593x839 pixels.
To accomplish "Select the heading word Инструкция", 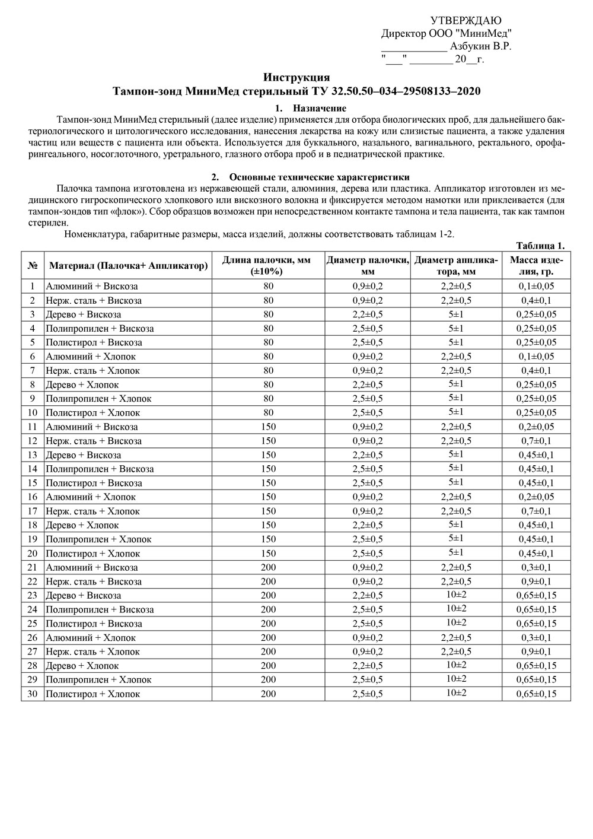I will pos(296,78).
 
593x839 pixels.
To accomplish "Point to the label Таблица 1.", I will pos(540,246).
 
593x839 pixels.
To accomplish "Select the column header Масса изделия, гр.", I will pos(537,266).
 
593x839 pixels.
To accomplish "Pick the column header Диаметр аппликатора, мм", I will pos(457,266).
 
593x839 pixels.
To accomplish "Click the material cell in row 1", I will pos(92,286).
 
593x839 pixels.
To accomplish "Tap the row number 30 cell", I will pos(33,694).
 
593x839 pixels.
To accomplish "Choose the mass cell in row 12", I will pos(537,441).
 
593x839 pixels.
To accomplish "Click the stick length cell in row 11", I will pos(268,427).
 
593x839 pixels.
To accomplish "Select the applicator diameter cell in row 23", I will pos(457,595).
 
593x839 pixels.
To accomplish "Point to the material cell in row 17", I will pos(93,511).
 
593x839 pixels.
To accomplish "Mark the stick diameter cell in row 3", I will pos(368,314).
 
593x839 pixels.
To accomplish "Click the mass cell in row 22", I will pos(537,581).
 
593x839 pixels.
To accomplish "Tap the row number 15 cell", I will pos(33,483).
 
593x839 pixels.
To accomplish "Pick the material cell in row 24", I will pos(100,609).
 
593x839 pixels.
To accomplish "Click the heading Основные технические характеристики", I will pos(319,177).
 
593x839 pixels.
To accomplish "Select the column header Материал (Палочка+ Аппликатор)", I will pos(129,266).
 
